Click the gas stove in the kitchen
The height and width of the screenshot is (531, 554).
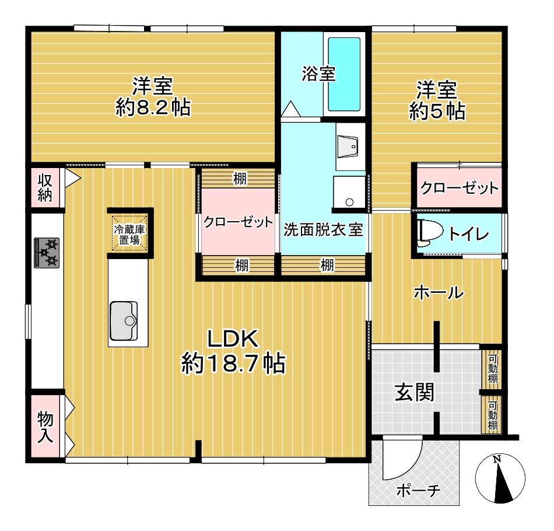pos(47,253)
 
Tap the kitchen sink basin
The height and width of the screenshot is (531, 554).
pos(124,321)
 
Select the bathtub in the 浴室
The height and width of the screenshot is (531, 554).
pos(344,75)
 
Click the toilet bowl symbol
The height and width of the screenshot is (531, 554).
pos(430,233)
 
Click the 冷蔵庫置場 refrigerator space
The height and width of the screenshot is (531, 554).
pos(129,234)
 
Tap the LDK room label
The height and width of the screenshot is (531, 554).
pos(233,339)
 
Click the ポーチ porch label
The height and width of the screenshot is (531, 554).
pos(419,491)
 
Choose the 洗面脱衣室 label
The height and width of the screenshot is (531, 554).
pos(323,230)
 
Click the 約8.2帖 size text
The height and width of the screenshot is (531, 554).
pos(153,107)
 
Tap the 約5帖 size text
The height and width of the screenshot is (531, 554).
pos(437,111)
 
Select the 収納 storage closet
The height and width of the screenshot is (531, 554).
pos(45,188)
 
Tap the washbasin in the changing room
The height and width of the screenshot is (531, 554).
pos(348,146)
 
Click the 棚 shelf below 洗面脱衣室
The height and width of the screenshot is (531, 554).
pos(323,265)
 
